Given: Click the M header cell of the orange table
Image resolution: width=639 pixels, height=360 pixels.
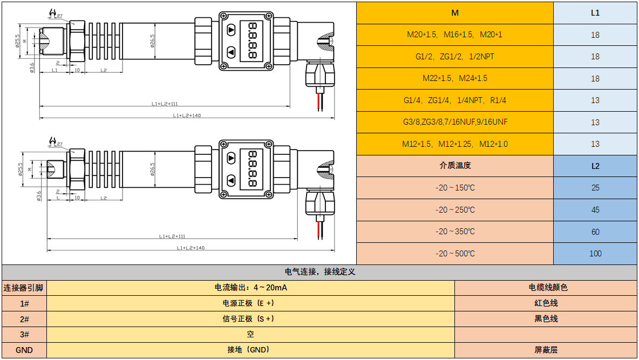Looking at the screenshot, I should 455,13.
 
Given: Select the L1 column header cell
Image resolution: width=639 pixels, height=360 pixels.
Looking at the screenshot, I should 595,13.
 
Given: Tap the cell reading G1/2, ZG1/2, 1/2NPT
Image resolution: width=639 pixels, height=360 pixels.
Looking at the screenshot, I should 455,57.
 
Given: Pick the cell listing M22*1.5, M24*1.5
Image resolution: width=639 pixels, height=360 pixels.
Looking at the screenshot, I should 455,79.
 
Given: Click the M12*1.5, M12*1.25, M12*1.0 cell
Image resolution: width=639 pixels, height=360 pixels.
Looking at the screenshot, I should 455,144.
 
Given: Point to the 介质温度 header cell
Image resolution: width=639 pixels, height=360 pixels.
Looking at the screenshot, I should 455,166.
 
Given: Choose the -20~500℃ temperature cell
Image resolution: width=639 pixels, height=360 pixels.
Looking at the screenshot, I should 455,254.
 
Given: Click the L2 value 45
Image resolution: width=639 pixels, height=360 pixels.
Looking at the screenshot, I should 595,210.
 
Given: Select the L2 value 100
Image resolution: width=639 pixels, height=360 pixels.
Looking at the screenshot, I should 595,254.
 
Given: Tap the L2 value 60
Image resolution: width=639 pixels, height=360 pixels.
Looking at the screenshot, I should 595,232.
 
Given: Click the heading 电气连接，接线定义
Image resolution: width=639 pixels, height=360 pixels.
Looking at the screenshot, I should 319,272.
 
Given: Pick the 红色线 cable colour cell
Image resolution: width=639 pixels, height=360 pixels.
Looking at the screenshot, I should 546,303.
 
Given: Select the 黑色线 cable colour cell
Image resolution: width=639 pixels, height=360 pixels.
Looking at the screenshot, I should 546,319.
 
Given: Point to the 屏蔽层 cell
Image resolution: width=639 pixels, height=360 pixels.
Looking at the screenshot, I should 546,350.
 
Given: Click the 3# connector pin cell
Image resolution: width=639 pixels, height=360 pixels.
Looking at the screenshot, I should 24,335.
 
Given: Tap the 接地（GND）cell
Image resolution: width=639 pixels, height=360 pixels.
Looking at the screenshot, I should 250,350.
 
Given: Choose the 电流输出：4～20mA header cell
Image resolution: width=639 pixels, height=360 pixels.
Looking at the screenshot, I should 250,288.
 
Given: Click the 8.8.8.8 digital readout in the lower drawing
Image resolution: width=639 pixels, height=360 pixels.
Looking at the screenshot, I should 251,169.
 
